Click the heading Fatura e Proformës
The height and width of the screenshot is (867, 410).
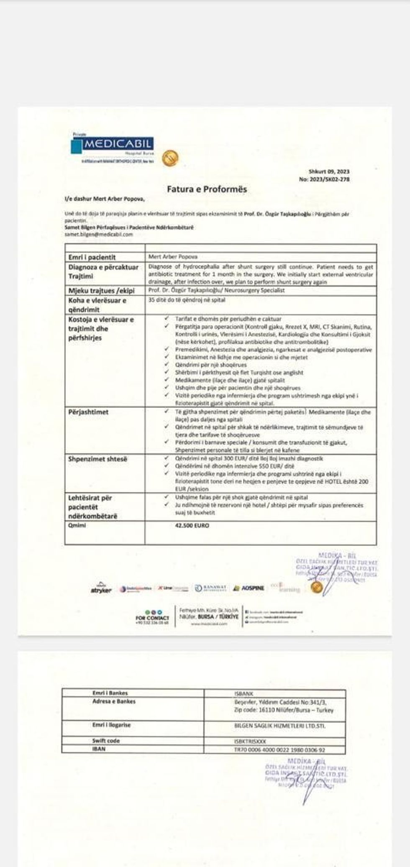pyautogui.click(x=207, y=189)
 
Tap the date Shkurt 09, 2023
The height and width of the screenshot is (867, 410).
pyautogui.click(x=329, y=171)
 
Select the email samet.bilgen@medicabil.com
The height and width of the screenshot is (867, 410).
pyautogui.click(x=99, y=235)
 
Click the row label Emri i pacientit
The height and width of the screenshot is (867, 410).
pyautogui.click(x=92, y=257)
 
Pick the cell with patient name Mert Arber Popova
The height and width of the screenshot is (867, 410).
pyautogui.click(x=172, y=257)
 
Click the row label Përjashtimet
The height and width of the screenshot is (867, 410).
pyautogui.click(x=88, y=412)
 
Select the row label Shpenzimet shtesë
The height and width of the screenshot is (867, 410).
pyautogui.click(x=97, y=459)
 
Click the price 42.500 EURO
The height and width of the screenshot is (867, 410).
pyautogui.click(x=192, y=525)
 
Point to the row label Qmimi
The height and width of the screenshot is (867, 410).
pyautogui.click(x=77, y=525)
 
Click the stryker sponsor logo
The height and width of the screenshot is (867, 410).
pyautogui.click(x=101, y=589)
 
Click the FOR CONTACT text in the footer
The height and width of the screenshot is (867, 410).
pyautogui.click(x=152, y=618)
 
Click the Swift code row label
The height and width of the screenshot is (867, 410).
pyautogui.click(x=106, y=740)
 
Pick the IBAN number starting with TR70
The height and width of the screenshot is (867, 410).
pyautogui.click(x=279, y=750)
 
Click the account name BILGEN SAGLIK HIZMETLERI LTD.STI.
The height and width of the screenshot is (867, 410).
pyautogui.click(x=279, y=726)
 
